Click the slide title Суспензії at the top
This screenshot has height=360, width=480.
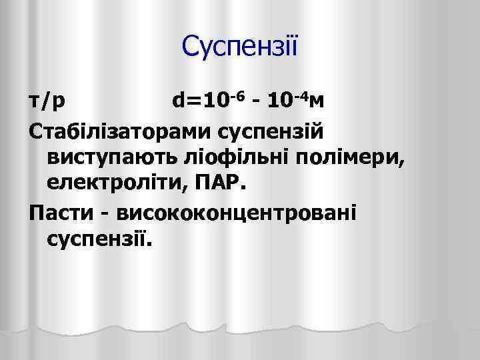pyautogui.click(x=241, y=47)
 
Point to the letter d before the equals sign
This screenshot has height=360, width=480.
pyautogui.click(x=179, y=101)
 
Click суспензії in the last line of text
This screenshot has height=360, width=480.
pyautogui.click(x=100, y=239)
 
